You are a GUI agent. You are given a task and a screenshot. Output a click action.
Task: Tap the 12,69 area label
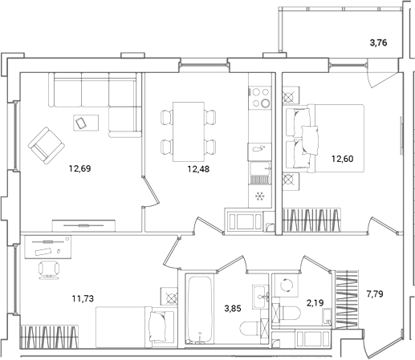(x=80, y=168)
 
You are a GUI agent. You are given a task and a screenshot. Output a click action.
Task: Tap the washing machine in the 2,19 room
(x=283, y=286)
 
